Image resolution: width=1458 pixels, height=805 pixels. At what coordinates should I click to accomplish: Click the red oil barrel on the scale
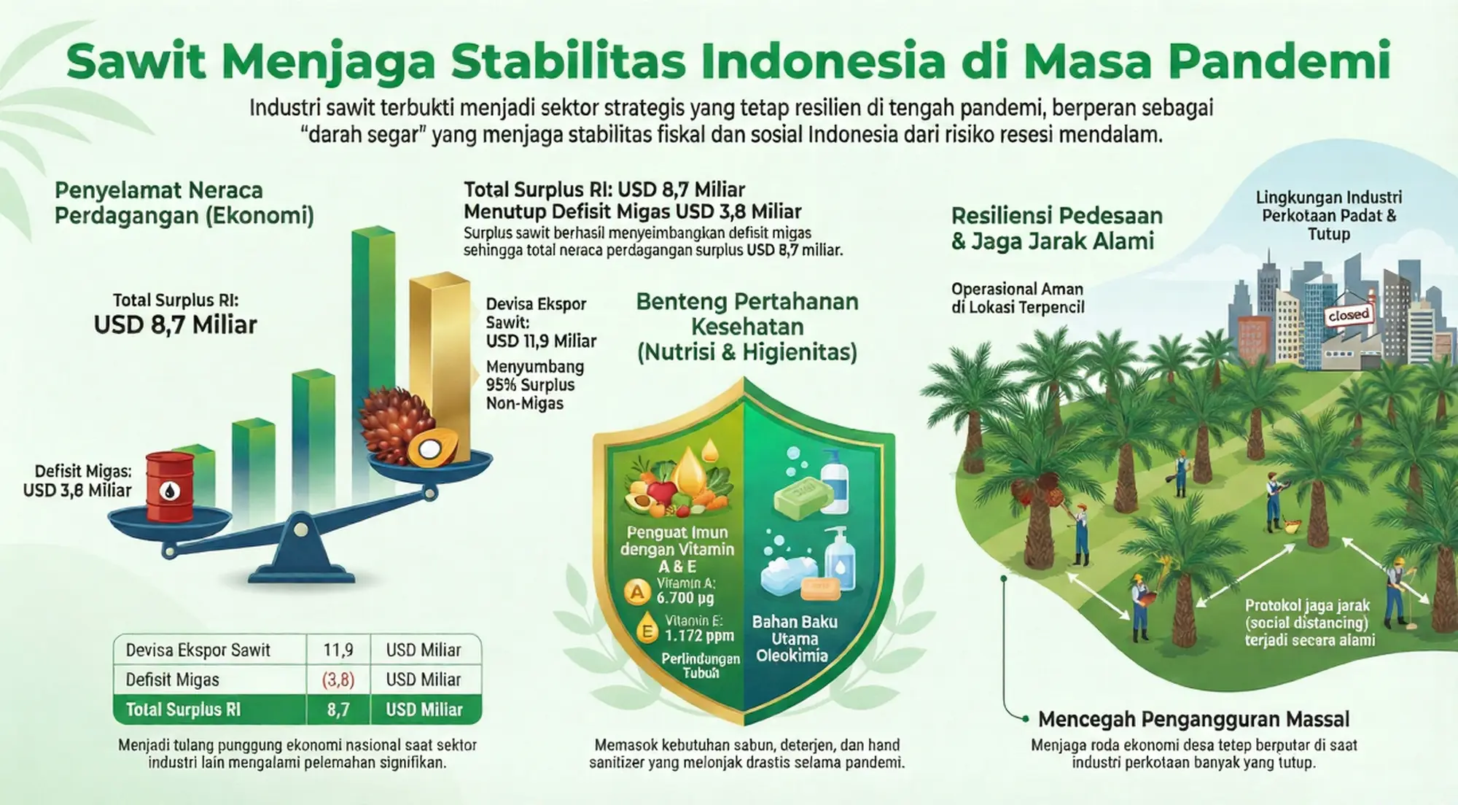(170, 486)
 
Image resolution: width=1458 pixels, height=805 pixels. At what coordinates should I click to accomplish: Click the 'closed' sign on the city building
(1349, 315)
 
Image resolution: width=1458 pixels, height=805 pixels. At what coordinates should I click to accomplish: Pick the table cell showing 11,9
(338, 650)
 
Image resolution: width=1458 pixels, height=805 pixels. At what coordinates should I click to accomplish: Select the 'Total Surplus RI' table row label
(183, 709)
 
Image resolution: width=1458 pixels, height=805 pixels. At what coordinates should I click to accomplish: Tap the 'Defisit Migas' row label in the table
(172, 680)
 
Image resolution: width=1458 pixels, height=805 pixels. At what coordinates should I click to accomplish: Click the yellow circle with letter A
(638, 592)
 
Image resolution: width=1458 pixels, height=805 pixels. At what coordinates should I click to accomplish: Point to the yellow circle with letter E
(647, 631)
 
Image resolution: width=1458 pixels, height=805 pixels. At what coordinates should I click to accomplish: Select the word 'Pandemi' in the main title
(1280, 61)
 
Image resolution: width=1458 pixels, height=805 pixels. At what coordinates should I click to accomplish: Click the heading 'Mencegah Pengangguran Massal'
(1193, 719)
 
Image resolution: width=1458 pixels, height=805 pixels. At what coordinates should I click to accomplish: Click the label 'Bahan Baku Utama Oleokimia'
(795, 639)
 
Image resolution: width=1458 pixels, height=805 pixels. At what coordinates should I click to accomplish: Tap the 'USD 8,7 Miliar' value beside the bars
(176, 324)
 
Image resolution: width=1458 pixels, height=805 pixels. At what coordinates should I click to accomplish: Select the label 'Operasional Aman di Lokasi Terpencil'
(1018, 298)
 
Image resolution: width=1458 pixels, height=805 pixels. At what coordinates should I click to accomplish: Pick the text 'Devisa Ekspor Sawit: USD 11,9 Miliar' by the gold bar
(541, 322)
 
